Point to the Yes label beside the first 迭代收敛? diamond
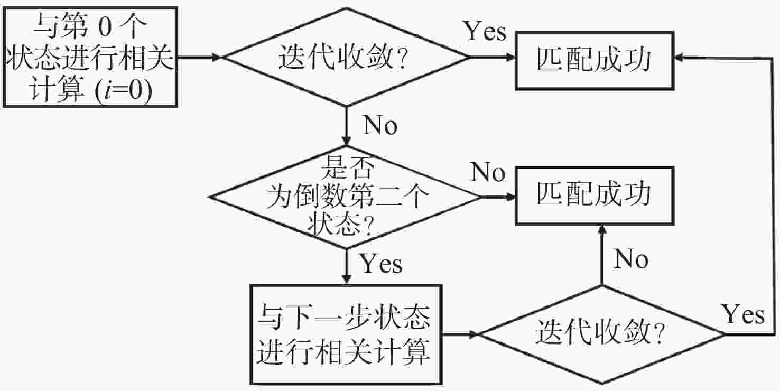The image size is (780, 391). (x=485, y=31)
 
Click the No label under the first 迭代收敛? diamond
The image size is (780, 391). (x=380, y=125)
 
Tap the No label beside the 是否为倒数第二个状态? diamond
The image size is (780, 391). (x=488, y=172)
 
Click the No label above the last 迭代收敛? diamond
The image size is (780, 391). (x=631, y=259)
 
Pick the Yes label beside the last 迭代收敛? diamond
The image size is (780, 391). (x=743, y=314)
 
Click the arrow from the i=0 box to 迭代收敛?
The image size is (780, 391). (x=200, y=57)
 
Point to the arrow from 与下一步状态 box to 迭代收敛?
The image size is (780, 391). (x=460, y=334)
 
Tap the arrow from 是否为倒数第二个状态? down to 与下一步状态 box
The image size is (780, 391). (x=347, y=266)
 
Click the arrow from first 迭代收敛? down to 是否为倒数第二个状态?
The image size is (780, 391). (x=347, y=125)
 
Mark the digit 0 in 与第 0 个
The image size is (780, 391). (x=105, y=27)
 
